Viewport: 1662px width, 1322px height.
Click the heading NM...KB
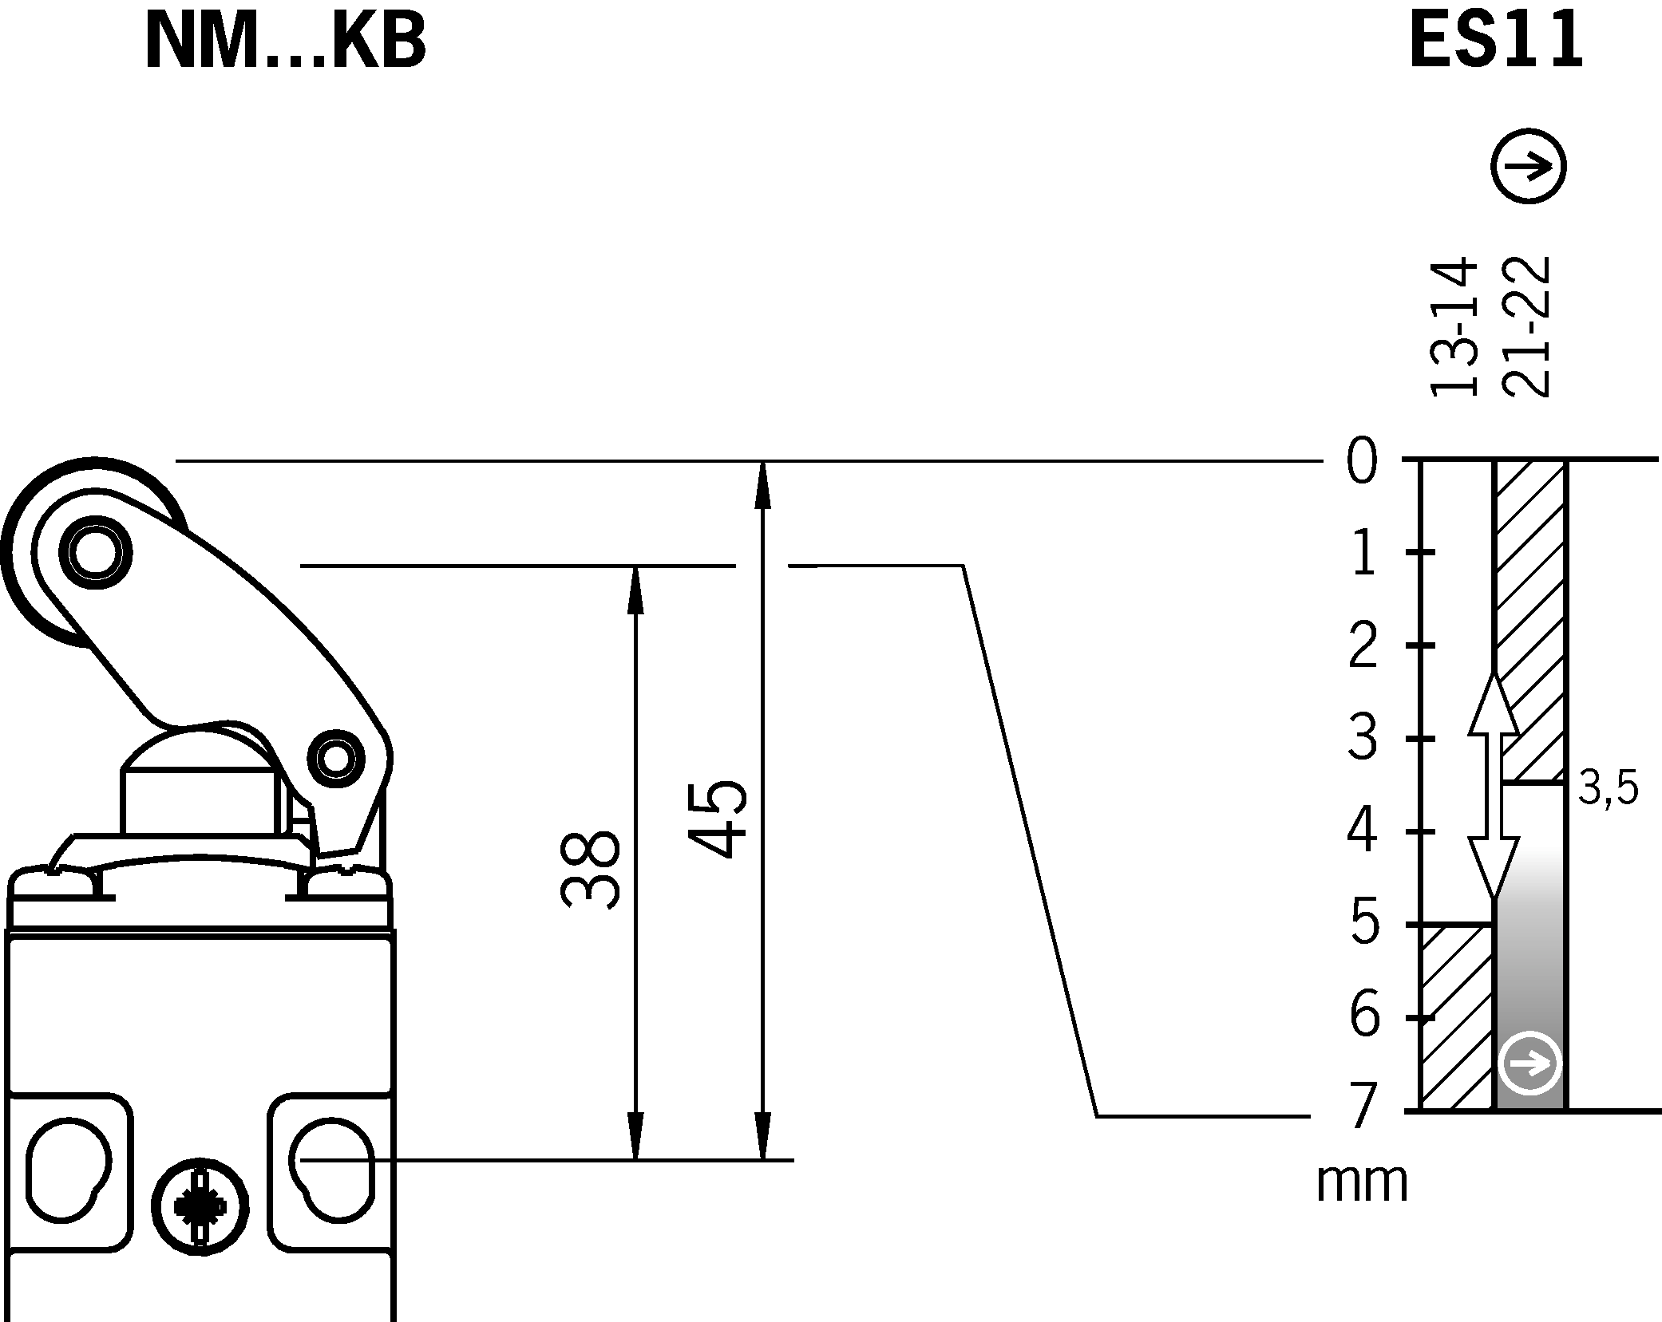tap(285, 44)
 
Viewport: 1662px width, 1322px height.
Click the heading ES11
tap(1495, 44)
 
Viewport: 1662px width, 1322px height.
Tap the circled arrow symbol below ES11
tap(1528, 167)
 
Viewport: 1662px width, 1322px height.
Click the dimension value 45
tap(716, 819)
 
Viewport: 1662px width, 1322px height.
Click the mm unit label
tap(1362, 1182)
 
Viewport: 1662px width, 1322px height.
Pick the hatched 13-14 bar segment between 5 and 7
tap(1456, 1016)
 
